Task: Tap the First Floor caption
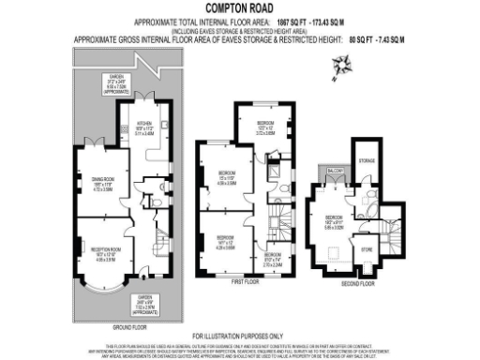coord(244,279)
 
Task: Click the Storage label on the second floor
coord(367,160)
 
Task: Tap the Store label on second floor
coord(367,248)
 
